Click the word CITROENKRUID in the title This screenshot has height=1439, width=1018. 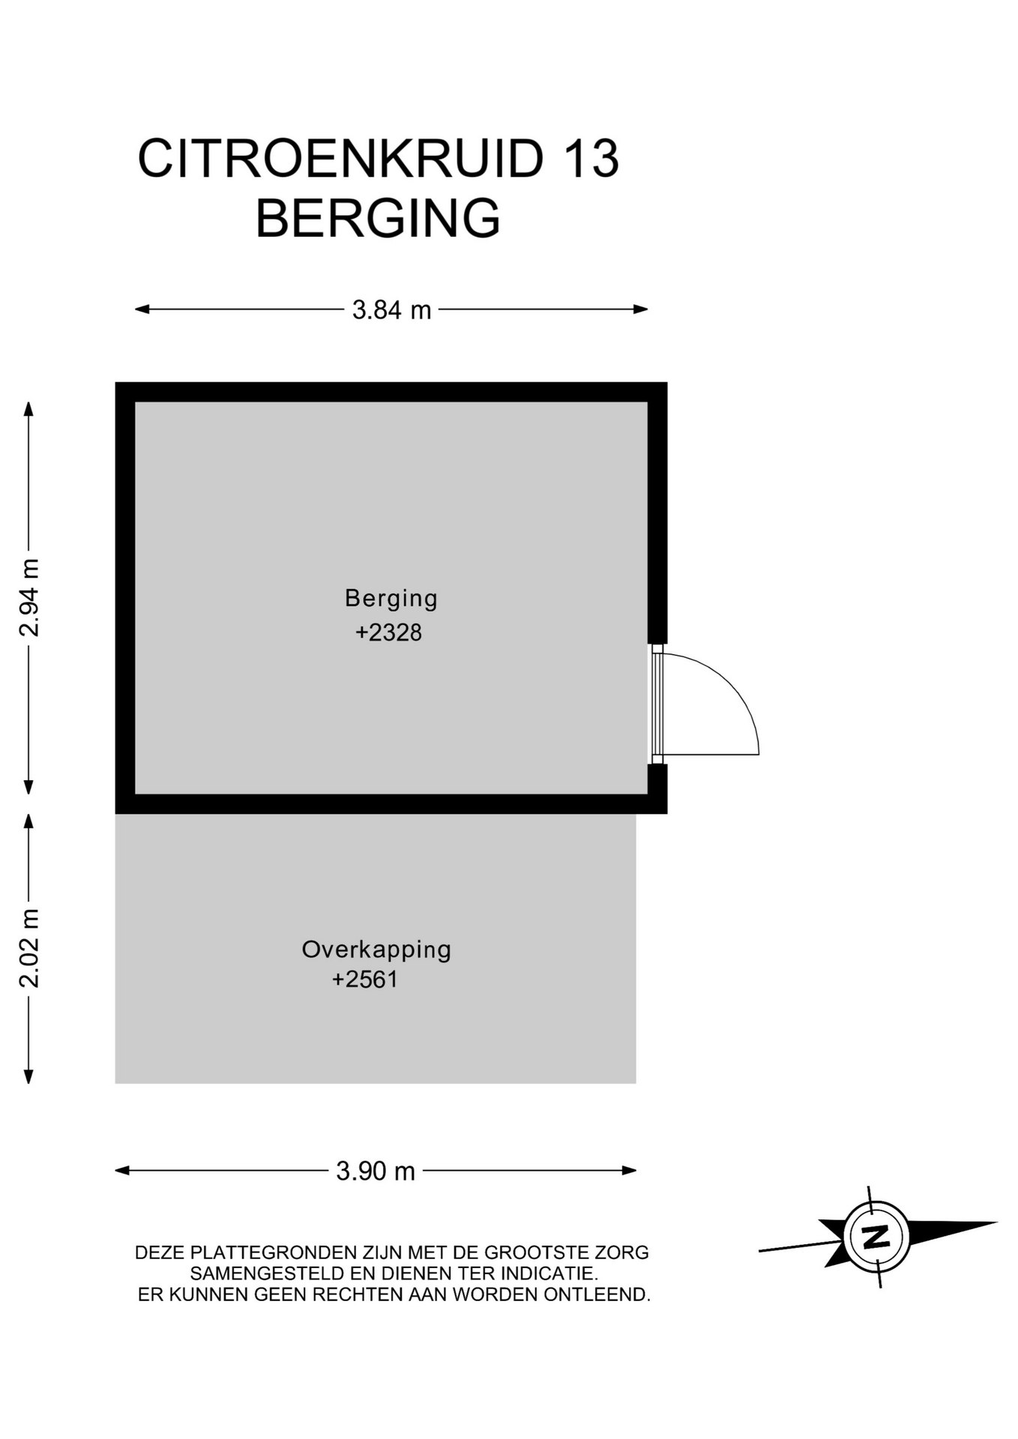tap(340, 158)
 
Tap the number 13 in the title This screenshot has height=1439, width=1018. tap(591, 158)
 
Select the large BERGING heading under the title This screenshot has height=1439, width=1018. tap(378, 218)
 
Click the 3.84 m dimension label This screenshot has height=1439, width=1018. tap(392, 310)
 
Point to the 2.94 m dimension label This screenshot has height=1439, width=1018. tap(29, 597)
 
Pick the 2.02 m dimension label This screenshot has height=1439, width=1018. tap(29, 948)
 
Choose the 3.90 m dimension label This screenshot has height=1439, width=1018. tap(376, 1171)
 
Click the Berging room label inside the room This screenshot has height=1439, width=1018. tap(391, 599)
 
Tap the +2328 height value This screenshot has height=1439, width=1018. tap(388, 633)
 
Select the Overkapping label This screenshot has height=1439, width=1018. tap(376, 950)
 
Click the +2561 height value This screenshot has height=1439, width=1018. tap(365, 980)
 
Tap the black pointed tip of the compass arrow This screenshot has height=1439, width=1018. tap(996, 1222)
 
